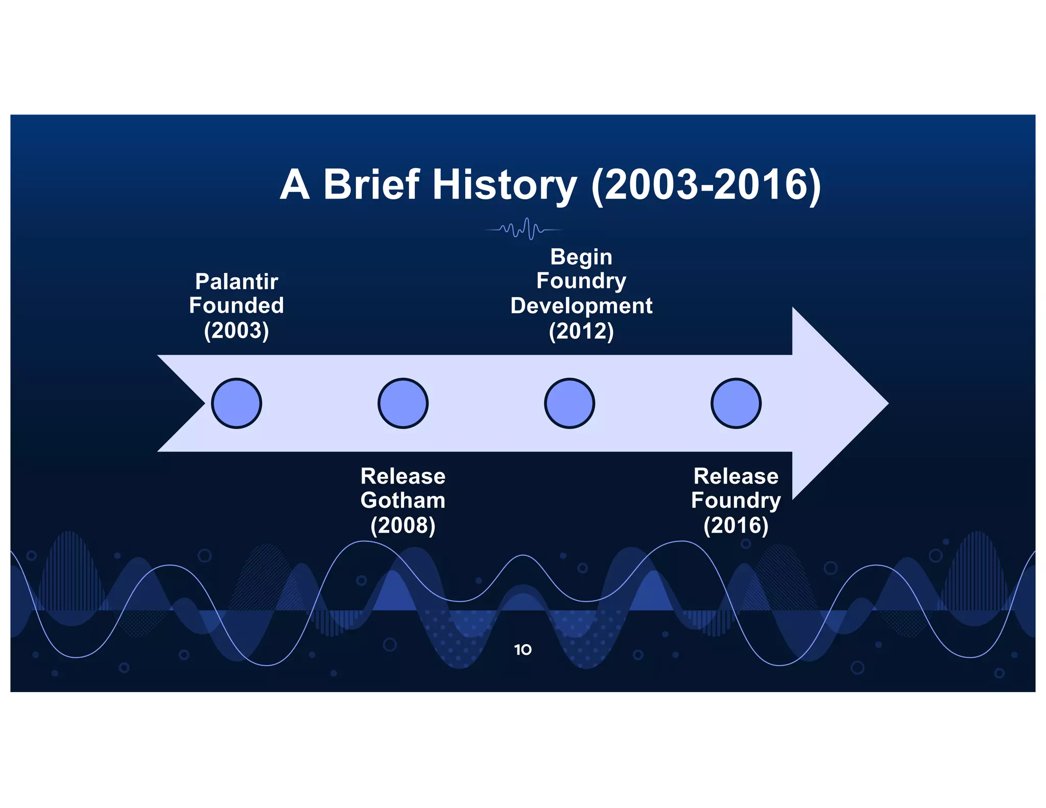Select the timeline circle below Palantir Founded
click(236, 403)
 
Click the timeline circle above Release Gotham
click(403, 403)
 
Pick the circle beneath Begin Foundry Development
click(569, 403)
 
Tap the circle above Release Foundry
click(736, 403)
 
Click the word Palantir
click(236, 281)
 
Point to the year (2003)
click(236, 330)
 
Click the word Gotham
click(403, 500)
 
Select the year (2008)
click(403, 525)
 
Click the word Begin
click(581, 257)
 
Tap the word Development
click(581, 306)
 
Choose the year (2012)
click(581, 331)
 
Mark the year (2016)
click(736, 525)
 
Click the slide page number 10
click(522, 650)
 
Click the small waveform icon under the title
click(524, 229)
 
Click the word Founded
click(236, 305)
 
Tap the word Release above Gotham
click(403, 476)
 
